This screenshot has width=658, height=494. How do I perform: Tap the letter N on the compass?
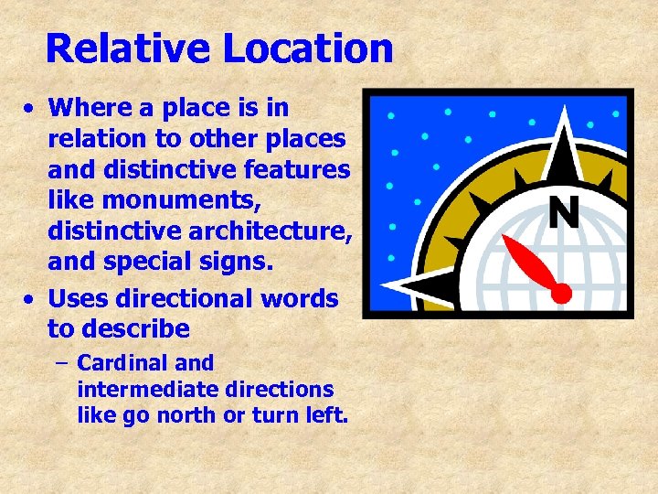click(x=564, y=212)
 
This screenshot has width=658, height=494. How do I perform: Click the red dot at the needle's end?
click(x=562, y=293)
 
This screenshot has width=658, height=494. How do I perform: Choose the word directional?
click(x=183, y=298)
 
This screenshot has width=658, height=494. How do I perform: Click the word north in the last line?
click(x=204, y=414)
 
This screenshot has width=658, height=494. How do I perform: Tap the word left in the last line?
click(x=325, y=414)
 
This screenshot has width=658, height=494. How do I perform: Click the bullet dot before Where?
click(x=30, y=109)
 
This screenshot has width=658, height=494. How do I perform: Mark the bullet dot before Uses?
click(x=30, y=299)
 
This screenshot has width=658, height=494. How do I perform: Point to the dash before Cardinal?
click(x=60, y=364)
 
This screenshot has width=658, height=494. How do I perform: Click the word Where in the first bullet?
click(x=84, y=108)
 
